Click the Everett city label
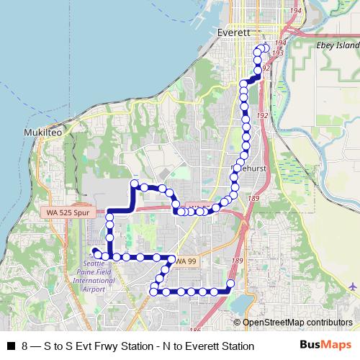[233, 32]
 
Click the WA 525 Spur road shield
[67, 213]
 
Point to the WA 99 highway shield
[186, 260]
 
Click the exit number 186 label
[195, 310]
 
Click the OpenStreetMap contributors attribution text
[297, 323]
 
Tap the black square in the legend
[11, 346]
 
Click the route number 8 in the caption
[25, 346]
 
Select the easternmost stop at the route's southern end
[230, 283]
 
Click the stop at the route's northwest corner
[134, 185]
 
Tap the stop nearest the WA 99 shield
[171, 258]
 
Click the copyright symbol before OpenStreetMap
[237, 323]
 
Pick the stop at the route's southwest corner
[153, 291]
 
